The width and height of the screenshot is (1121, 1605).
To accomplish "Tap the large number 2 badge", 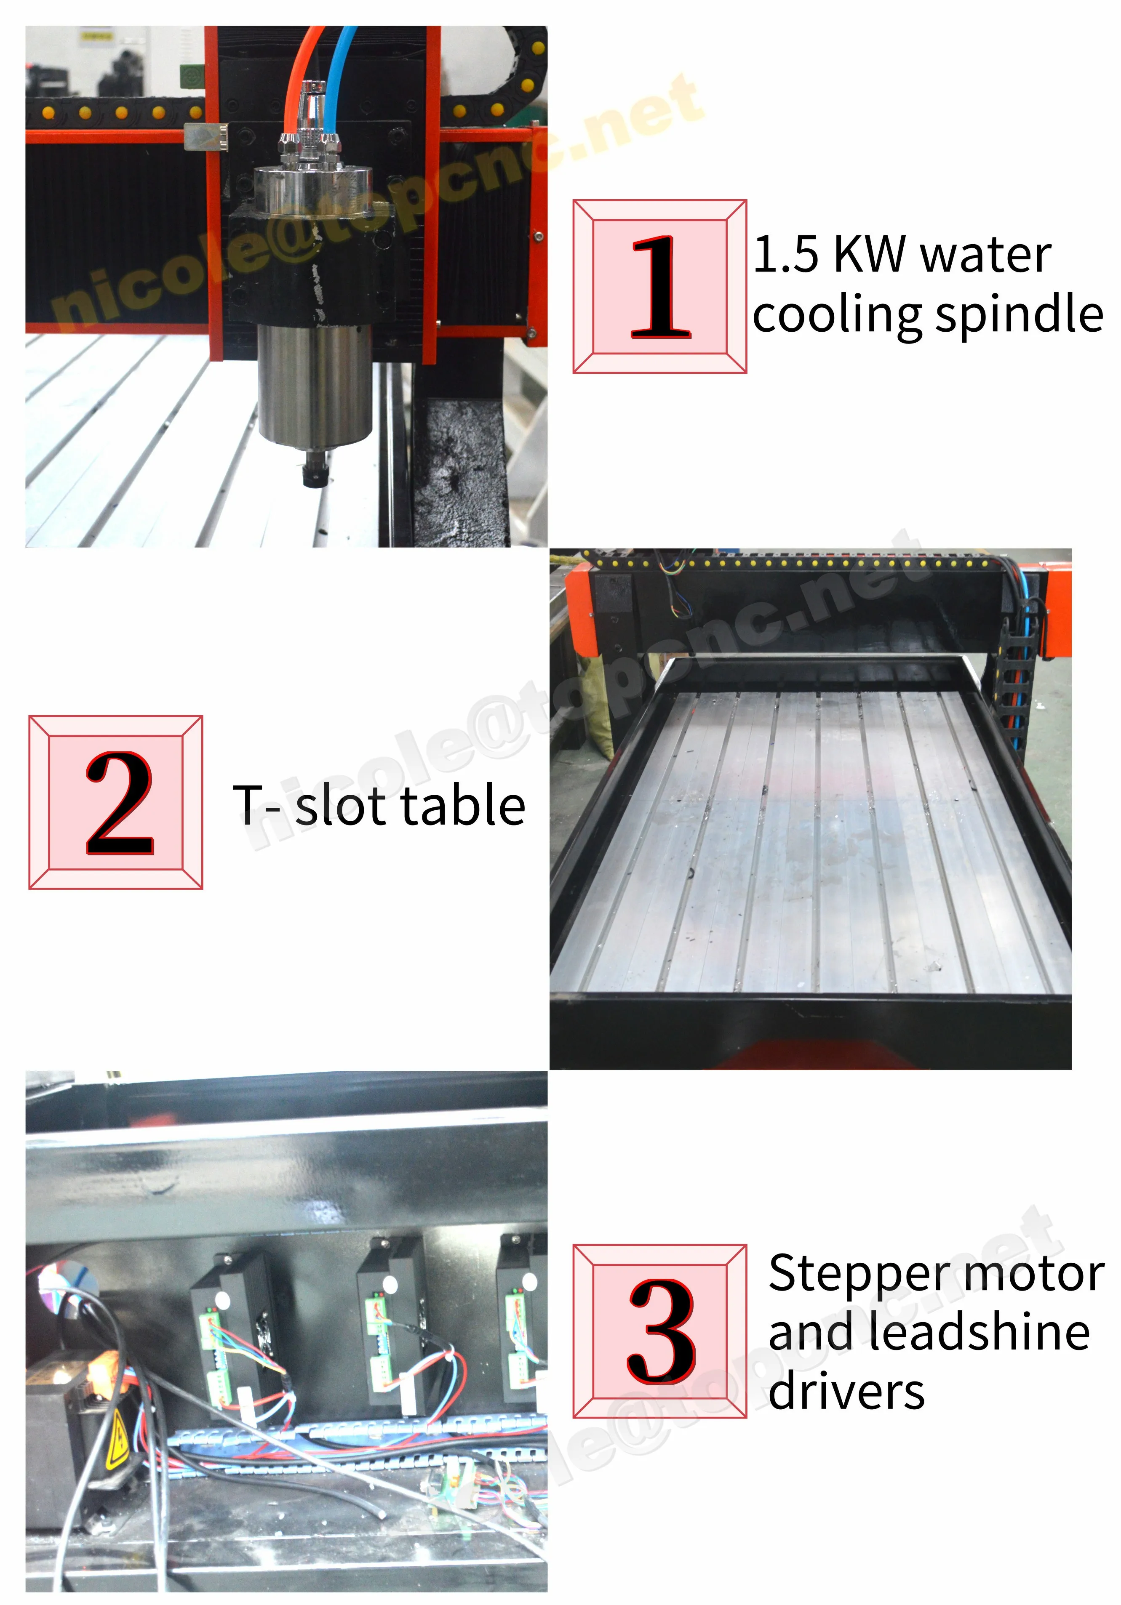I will (x=116, y=802).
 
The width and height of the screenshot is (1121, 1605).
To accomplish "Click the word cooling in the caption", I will (x=839, y=316).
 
